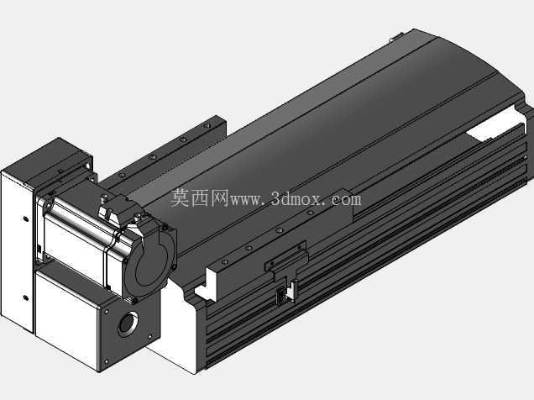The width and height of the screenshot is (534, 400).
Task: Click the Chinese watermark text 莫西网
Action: (x=200, y=198)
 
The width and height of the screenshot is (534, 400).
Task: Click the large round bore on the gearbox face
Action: (x=128, y=324)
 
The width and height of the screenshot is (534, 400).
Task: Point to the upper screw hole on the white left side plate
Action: (x=25, y=218)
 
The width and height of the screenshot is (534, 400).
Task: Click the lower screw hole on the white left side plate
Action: (x=25, y=297)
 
